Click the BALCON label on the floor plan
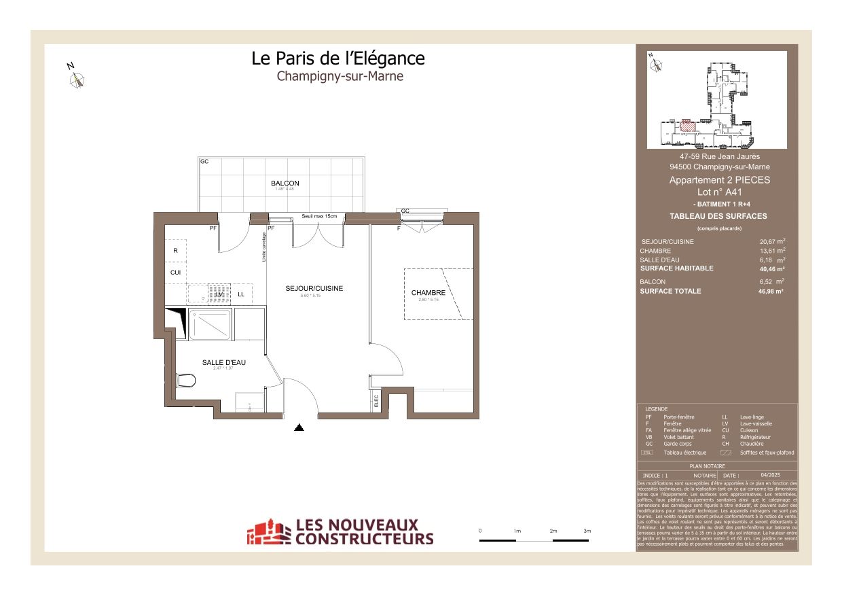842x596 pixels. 285,183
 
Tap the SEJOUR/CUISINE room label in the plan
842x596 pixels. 314,289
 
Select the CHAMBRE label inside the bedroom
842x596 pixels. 428,293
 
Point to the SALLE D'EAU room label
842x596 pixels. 223,363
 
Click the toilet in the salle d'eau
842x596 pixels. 184,381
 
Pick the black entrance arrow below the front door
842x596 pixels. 299,427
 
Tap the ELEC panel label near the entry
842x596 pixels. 376,401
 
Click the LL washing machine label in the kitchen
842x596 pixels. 240,294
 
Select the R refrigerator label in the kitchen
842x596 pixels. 175,251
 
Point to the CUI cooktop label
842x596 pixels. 175,273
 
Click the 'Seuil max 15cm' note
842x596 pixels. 319,216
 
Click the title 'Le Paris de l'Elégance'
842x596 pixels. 338,58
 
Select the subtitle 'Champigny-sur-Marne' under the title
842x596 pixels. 340,76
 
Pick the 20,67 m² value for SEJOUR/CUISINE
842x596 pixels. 772,241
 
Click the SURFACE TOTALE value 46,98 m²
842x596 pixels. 771,291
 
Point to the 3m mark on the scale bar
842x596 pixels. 587,531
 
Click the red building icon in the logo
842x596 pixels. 268,532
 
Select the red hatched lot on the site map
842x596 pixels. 687,125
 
